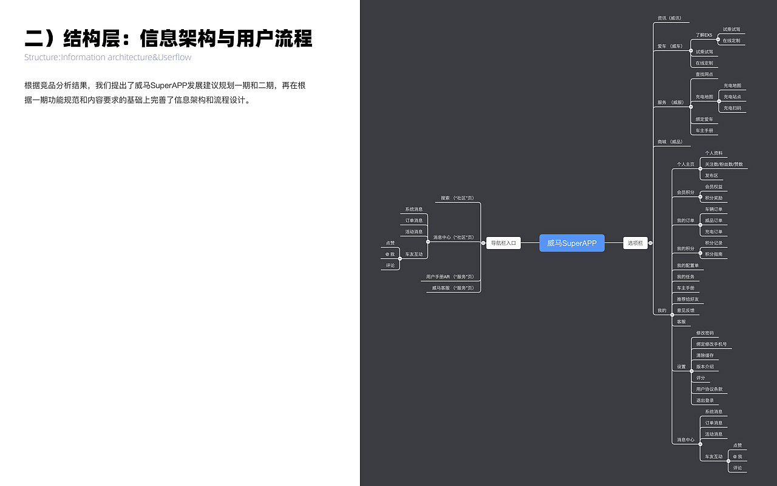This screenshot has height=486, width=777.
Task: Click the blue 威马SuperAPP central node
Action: (x=572, y=243)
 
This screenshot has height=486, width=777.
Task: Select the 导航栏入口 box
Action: (x=503, y=243)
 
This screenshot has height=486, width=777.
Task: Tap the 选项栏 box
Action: (x=635, y=243)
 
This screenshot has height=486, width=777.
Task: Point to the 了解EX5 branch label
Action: (x=704, y=35)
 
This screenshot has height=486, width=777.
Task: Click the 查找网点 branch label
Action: (x=704, y=74)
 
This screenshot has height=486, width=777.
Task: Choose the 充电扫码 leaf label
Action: (x=732, y=108)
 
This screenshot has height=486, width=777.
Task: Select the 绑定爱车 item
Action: (x=704, y=119)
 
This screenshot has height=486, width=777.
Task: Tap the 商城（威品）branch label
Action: (x=670, y=142)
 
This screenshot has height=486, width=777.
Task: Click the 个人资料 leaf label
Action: (x=713, y=153)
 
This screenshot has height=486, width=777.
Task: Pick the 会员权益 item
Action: (x=713, y=187)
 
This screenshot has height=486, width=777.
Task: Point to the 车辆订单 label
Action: (x=713, y=209)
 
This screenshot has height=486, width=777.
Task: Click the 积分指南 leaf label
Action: (x=713, y=254)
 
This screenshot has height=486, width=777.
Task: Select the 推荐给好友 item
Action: (x=688, y=299)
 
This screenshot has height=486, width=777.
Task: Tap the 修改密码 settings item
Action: (x=705, y=333)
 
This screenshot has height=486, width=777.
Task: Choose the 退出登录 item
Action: (x=705, y=400)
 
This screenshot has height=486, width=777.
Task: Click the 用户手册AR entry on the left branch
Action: (x=449, y=276)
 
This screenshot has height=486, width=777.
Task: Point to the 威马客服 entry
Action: (x=452, y=288)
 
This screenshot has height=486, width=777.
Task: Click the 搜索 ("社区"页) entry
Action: (x=456, y=198)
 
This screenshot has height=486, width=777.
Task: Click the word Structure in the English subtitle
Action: (x=41, y=58)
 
